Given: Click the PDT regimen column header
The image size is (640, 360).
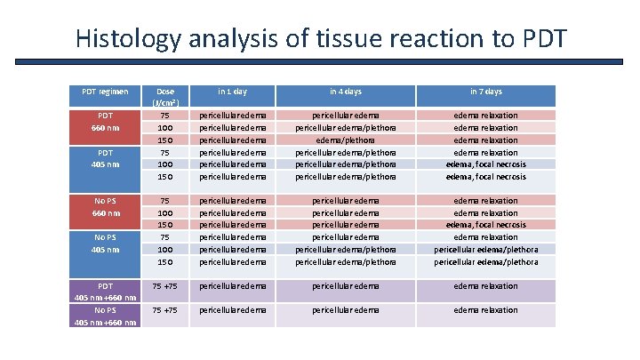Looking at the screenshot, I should point(105,92).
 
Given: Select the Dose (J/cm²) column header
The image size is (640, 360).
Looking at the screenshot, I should point(165,97).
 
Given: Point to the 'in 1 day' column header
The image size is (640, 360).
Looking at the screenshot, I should point(234,92).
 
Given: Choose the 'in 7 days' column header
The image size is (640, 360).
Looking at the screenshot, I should point(484,92).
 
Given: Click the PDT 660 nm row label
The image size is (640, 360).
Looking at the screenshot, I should point(106,122).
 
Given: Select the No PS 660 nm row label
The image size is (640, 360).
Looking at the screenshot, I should point(106,207).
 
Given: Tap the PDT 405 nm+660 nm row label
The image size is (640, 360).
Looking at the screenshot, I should point(106,292).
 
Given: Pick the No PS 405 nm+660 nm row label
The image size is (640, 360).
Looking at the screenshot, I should point(106,316).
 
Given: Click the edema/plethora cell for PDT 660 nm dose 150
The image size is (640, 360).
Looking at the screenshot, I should point(346,140).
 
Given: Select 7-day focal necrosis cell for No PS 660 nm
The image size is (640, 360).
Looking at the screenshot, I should point(485,225).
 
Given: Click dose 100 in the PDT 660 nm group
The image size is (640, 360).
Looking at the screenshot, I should point(165,127).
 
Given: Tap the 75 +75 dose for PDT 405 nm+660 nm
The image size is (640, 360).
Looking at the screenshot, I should point(165,286).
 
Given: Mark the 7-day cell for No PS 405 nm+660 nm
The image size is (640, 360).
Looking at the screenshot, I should point(485,310).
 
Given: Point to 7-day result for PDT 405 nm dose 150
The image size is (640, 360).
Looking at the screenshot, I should point(485,176).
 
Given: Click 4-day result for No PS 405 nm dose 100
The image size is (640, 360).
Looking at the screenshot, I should point(346,250).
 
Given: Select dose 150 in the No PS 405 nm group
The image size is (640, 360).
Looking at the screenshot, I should point(165,262).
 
